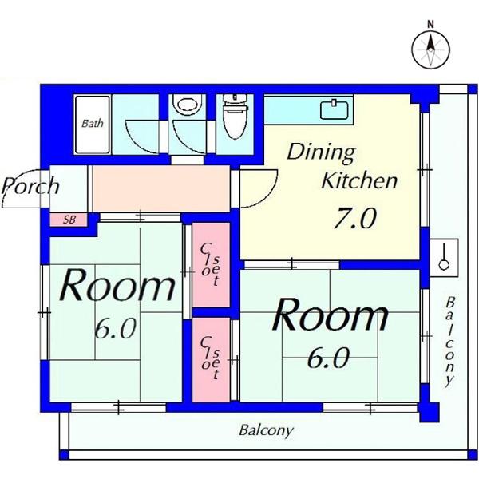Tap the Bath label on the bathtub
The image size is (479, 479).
pos(93,124)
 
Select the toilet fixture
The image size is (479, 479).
pos(235,117)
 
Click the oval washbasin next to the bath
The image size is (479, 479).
pos(188,105)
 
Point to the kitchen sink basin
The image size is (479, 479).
pos(335,109)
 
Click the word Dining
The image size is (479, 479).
pos(321,152)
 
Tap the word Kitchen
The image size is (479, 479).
pos(359,180)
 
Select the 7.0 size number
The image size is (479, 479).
pos(354,218)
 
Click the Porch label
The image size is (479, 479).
pos(30,186)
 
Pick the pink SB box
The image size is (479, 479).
pos(69,220)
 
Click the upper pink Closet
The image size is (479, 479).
pos(211,264)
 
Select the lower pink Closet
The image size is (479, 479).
pos(211,359)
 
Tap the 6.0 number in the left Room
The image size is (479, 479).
pos(115,329)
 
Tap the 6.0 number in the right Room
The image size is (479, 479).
pos(328,358)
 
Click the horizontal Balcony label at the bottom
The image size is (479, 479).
pos(266,431)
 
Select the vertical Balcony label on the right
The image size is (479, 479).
pos(449,341)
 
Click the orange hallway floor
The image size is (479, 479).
pos(160,188)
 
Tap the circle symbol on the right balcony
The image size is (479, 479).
pos(444,264)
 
